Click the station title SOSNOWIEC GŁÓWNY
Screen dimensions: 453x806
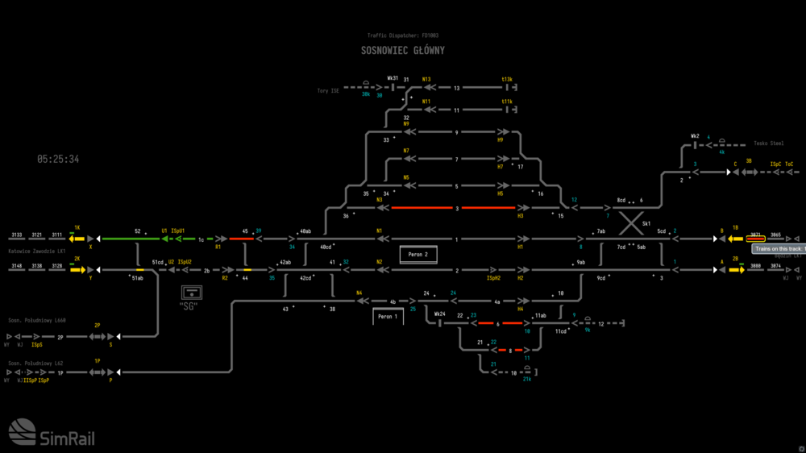pos(402,51)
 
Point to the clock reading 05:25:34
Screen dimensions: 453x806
pos(58,160)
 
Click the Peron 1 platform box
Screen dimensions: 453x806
pos(388,317)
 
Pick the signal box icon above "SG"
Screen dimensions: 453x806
pos(192,292)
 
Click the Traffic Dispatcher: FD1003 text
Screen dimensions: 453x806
pos(402,35)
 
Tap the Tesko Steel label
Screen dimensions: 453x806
pos(768,143)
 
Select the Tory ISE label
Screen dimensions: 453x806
pos(328,91)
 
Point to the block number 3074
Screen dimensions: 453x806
pos(775,265)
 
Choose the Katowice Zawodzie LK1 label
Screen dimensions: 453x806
pos(36,251)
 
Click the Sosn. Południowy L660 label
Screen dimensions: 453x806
pos(36,320)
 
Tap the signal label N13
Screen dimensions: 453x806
pos(426,79)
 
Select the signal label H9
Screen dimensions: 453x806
pos(500,139)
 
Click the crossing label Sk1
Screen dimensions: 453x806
pos(646,223)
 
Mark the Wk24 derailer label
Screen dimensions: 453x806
pos(439,313)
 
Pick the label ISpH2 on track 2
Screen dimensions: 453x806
pos(493,277)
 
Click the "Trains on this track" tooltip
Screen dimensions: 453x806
pos(779,249)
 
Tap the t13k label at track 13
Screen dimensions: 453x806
pos(507,79)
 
